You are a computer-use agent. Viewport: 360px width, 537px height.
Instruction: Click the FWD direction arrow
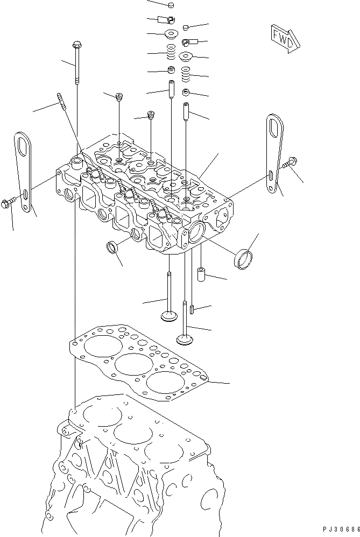pos(281,38)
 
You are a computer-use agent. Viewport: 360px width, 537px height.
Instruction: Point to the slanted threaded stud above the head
pos(61,101)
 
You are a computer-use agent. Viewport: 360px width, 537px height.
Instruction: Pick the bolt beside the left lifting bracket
pos(6,203)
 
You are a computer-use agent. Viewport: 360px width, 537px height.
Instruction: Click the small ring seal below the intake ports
pos(113,248)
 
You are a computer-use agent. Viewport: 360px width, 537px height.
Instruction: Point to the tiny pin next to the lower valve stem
pos(191,310)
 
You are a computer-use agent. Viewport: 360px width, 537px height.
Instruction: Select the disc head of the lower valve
pos(185,339)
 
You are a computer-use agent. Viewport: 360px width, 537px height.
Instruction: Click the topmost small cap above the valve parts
pos(171,5)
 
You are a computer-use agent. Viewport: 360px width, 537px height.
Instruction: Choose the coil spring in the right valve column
pos(187,73)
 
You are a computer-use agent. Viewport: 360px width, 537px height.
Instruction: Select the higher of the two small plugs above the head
pos(119,97)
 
